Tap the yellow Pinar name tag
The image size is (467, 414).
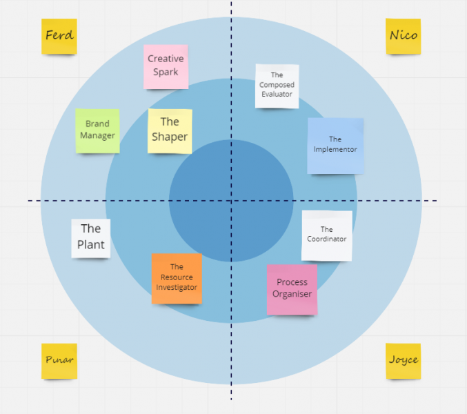[x=59, y=360]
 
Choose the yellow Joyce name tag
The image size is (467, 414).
[x=404, y=360]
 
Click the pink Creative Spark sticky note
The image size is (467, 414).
[x=166, y=66]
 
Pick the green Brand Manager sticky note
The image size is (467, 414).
[x=97, y=130]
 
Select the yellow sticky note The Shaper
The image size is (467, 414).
[x=170, y=130]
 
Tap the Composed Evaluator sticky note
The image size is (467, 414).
[x=277, y=86]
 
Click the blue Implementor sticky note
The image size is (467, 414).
[x=335, y=145]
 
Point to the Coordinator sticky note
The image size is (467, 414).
[x=327, y=235]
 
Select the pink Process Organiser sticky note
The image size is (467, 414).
[x=292, y=289]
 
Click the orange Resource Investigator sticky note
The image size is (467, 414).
[x=177, y=278]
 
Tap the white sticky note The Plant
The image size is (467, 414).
[x=91, y=237]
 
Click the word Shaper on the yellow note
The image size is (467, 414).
[x=170, y=137]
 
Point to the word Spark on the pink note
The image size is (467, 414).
[x=166, y=72]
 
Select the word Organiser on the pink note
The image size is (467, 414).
[x=292, y=294]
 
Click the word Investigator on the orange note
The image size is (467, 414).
[x=177, y=287]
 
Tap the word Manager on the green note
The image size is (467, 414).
[x=97, y=135]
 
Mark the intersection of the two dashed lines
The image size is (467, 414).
[x=231, y=201]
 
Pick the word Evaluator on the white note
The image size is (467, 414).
[x=277, y=94]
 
